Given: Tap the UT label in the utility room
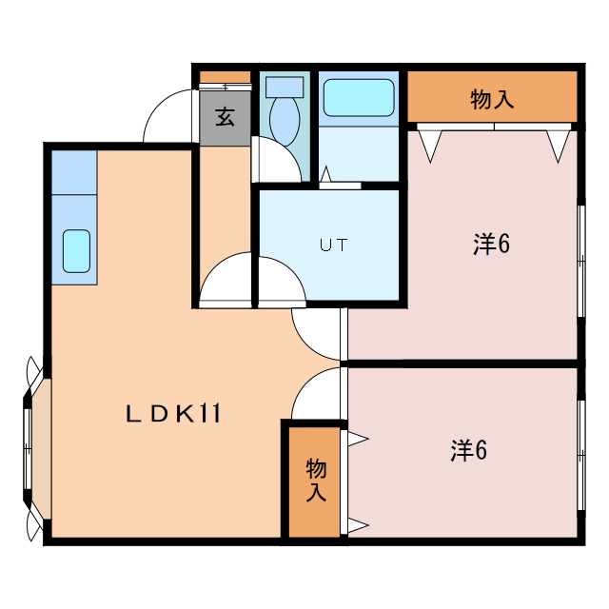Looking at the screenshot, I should (x=333, y=245).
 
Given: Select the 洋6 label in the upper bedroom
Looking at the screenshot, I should (x=491, y=245).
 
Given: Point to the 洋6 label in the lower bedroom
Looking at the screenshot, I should (x=468, y=450).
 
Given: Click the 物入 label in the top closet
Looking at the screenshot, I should (x=492, y=98).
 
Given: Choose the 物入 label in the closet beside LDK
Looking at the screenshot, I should (x=316, y=481).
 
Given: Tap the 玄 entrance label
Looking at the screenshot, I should (x=225, y=118).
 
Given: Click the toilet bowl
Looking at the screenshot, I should (x=284, y=120).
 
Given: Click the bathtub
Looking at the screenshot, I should (x=359, y=97).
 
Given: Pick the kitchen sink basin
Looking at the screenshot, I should (x=76, y=250).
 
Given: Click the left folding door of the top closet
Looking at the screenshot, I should (x=431, y=143).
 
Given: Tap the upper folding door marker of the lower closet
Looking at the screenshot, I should (x=358, y=438).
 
